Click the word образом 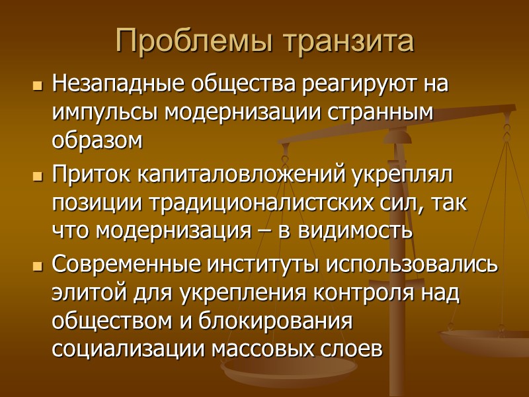tap(97, 140)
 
